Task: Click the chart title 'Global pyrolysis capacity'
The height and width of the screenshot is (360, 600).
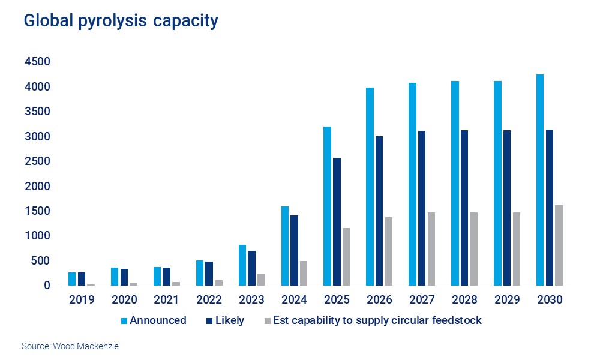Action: tap(121, 21)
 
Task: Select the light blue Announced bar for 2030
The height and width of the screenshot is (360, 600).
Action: tap(540, 180)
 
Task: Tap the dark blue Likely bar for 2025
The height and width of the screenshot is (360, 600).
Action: tap(337, 222)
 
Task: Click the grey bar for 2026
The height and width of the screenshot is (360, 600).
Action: tap(389, 251)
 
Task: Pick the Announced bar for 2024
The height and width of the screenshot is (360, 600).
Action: tap(284, 246)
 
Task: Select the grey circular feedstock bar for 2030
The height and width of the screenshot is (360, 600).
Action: tap(559, 245)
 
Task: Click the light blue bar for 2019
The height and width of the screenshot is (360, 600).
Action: tap(72, 279)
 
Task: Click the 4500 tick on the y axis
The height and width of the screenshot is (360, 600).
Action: tap(37, 62)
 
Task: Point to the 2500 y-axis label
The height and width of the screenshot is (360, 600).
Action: tap(37, 162)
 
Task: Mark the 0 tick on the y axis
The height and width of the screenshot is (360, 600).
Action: tap(46, 286)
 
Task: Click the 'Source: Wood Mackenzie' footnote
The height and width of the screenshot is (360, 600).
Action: tap(66, 346)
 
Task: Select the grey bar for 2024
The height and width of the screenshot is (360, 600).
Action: tap(304, 274)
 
